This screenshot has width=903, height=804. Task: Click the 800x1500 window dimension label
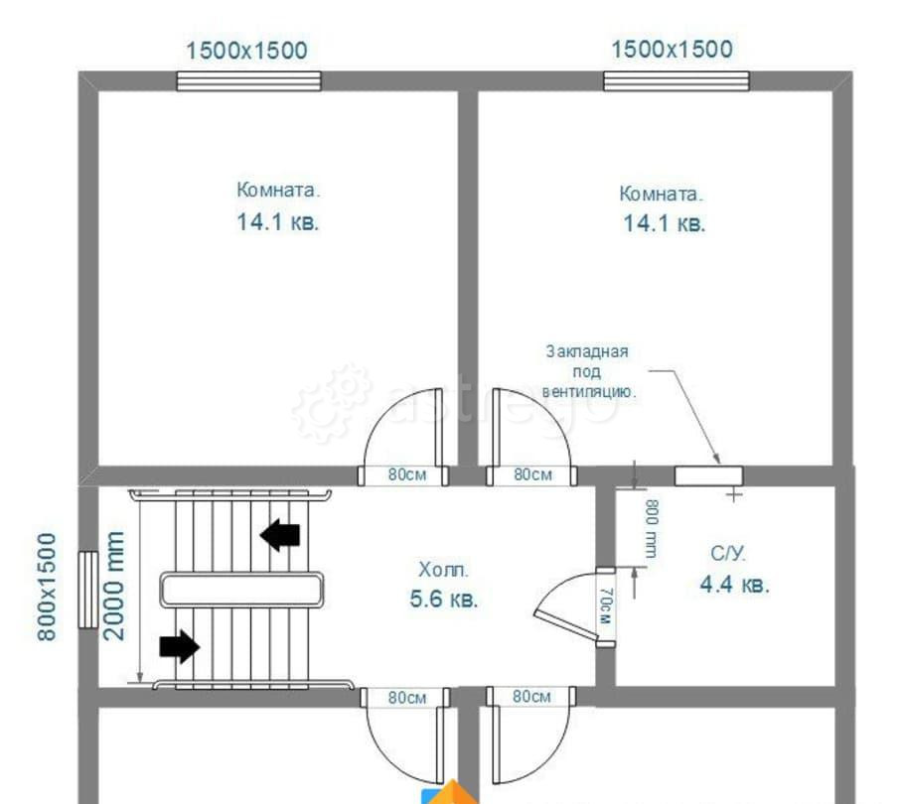pyautogui.click(x=47, y=587)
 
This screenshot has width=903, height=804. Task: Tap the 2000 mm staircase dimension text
pyautogui.click(x=113, y=586)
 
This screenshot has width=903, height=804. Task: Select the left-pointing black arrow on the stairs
pyautogui.click(x=280, y=535)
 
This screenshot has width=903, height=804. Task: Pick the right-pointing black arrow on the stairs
pyautogui.click(x=179, y=646)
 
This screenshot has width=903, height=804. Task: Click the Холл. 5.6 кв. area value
pyautogui.click(x=443, y=600)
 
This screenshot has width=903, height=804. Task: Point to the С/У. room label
pyautogui.click(x=728, y=554)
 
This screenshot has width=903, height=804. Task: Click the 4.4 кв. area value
pyautogui.click(x=734, y=585)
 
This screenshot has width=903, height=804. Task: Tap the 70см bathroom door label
pyautogui.click(x=605, y=606)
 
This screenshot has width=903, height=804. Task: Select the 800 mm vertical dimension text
pyautogui.click(x=652, y=529)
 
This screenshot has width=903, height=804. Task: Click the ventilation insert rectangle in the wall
pyautogui.click(x=708, y=476)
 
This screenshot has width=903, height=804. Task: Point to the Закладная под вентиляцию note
pyautogui.click(x=588, y=372)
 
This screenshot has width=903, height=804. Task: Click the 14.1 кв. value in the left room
pyautogui.click(x=277, y=222)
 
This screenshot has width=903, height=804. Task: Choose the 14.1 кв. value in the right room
pyautogui.click(x=664, y=223)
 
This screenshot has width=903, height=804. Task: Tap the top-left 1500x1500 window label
pyautogui.click(x=246, y=51)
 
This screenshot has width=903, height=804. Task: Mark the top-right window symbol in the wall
pyautogui.click(x=677, y=81)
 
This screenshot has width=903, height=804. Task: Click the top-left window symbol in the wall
pyautogui.click(x=248, y=81)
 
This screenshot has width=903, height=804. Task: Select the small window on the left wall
pyautogui.click(x=88, y=590)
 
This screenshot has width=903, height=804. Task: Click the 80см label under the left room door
pyautogui.click(x=407, y=474)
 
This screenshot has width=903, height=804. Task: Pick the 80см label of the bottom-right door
pyautogui.click(x=531, y=697)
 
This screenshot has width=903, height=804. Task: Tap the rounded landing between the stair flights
pyautogui.click(x=241, y=590)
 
